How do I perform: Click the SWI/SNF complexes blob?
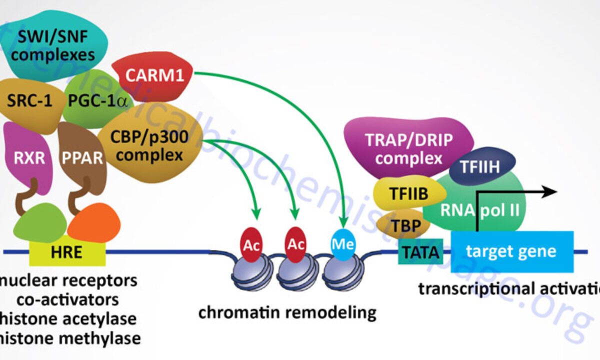click(52, 45)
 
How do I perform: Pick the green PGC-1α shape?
click(95, 100)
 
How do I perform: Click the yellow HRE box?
click(67, 251)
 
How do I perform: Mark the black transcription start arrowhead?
click(550, 191)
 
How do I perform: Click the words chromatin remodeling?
click(287, 312)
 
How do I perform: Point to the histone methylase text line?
click(70, 338)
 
